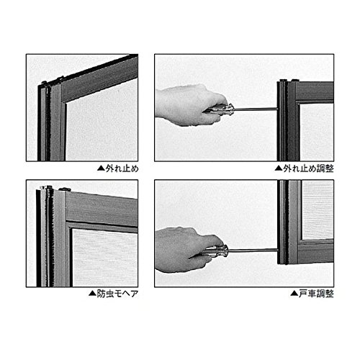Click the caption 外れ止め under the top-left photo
point(122,168)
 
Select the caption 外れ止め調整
point(308,168)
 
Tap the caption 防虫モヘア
point(117,294)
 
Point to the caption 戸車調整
point(316,294)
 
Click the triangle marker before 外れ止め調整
point(279,168)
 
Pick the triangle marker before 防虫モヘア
point(92,293)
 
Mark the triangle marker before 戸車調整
point(294,293)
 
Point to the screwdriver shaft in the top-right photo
point(256,109)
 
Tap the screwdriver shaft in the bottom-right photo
point(253,251)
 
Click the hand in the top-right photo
point(189,105)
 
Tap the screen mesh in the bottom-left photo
point(105,258)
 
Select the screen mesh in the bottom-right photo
point(318,210)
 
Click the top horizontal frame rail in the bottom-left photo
point(102,209)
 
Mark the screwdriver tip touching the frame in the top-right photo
point(277,109)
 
